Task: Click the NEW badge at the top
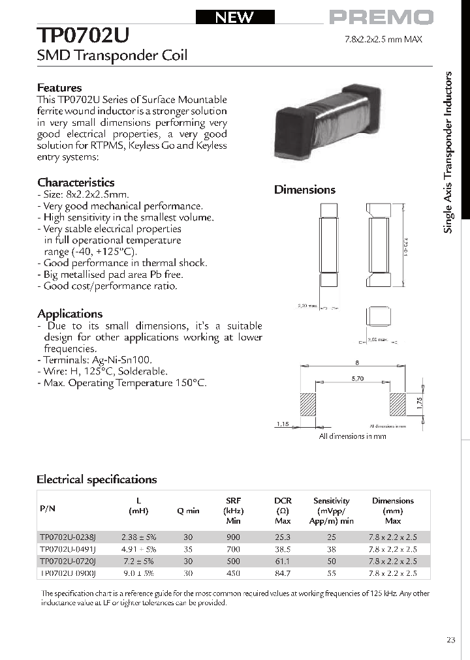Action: click(234, 18)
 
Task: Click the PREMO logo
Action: click(381, 18)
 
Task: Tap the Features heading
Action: click(59, 87)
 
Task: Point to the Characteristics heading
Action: click(76, 183)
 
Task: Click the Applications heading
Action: click(70, 314)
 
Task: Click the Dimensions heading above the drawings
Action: click(304, 190)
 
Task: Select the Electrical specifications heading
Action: click(97, 479)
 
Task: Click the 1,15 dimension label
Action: click(281, 425)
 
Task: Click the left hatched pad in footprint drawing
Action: click(307, 404)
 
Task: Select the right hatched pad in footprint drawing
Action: click(398, 404)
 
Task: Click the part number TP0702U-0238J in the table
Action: click(68, 537)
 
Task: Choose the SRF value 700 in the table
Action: click(233, 549)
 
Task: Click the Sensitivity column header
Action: click(332, 501)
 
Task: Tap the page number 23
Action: click(451, 640)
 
